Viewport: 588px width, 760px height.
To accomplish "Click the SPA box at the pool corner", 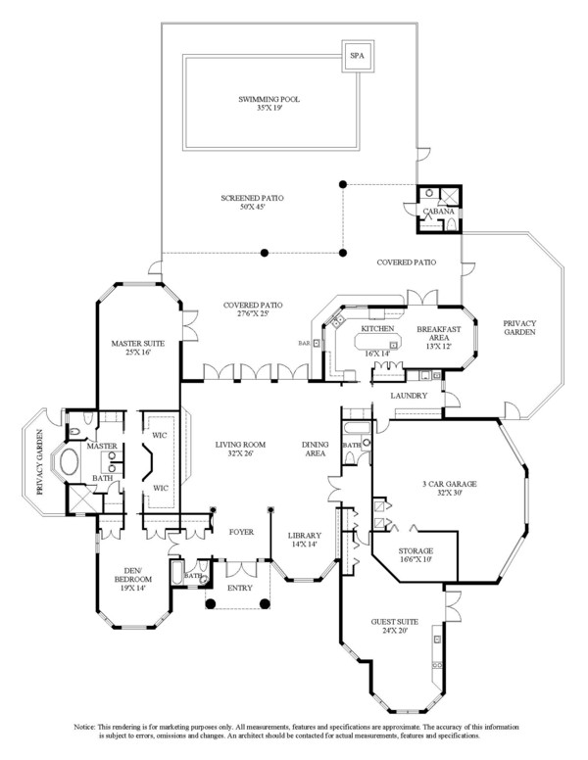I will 355,56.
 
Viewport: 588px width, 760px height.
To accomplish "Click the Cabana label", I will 437,212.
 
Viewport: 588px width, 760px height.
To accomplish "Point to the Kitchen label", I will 377,329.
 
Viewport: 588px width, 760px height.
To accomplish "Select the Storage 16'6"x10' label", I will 415,556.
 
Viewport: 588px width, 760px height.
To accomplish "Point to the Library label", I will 305,540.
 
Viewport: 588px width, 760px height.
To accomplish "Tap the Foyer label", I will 240,532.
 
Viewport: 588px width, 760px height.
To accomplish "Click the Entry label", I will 240,588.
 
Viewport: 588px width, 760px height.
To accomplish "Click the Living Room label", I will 240,450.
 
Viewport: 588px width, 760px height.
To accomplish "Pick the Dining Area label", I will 315,450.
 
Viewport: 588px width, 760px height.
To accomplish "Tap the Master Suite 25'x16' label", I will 137,349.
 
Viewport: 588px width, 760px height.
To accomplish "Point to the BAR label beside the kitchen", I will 304,343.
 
